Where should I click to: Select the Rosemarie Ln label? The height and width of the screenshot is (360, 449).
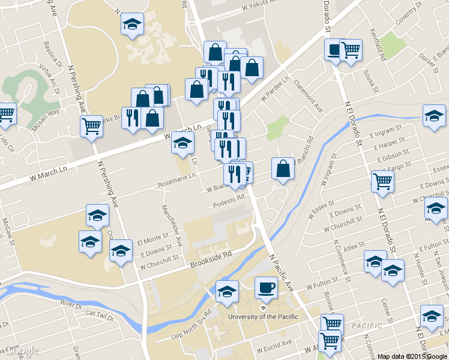click(x=177, y=176)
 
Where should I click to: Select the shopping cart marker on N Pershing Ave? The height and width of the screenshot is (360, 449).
click(x=91, y=126)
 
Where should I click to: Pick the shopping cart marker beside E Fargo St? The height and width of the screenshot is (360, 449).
click(x=382, y=180)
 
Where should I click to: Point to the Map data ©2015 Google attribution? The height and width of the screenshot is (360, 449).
click(x=412, y=356)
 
